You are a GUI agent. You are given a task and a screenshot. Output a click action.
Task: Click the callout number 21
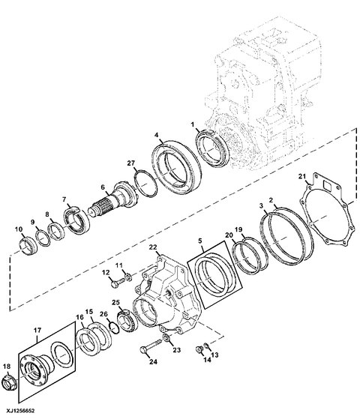(x=302, y=176)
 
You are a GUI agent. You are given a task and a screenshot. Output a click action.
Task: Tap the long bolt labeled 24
(x=151, y=346)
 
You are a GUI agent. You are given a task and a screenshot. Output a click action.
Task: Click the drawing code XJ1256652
(x=17, y=411)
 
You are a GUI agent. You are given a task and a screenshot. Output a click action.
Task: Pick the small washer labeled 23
(x=166, y=338)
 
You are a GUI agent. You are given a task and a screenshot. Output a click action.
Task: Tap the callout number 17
(x=37, y=331)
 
